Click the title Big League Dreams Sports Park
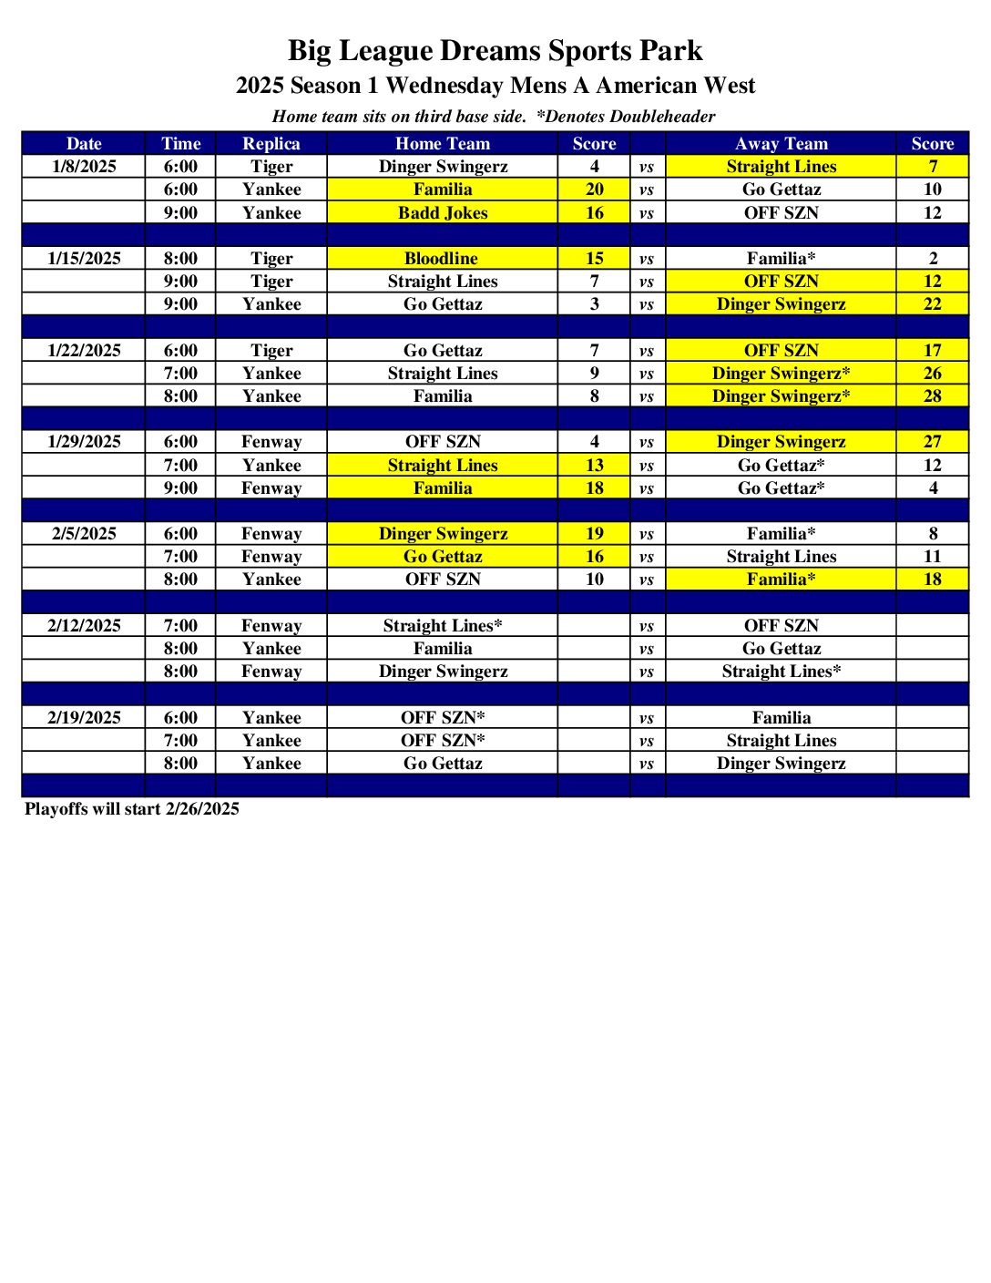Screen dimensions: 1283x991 pyautogui.click(x=495, y=50)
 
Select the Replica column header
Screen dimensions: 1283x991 pyautogui.click(x=271, y=143)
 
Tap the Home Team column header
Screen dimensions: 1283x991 pyautogui.click(x=442, y=143)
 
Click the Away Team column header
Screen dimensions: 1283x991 pyautogui.click(x=781, y=143)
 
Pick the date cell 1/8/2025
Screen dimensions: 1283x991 pyautogui.click(x=84, y=167)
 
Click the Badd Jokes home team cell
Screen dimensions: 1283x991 pyautogui.click(x=442, y=212)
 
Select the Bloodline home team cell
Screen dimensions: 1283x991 pyautogui.click(x=442, y=259)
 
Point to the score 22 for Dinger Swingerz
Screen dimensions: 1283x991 pyautogui.click(x=932, y=304)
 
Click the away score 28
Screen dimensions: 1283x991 pyautogui.click(x=932, y=396)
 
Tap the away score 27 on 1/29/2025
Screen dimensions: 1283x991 pyautogui.click(x=932, y=442)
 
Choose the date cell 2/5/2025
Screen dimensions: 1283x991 pyautogui.click(x=84, y=534)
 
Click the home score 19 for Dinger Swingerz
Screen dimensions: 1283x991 pyautogui.click(x=594, y=534)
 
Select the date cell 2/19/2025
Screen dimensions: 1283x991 pyautogui.click(x=84, y=718)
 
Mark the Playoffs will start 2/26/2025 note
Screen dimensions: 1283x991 pyautogui.click(x=132, y=809)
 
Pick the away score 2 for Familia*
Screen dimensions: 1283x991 pyautogui.click(x=932, y=259)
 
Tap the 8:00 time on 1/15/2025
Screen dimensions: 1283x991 pyautogui.click(x=180, y=259)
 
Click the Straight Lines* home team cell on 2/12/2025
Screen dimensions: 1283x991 pyautogui.click(x=442, y=626)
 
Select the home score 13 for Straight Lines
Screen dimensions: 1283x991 pyautogui.click(x=594, y=466)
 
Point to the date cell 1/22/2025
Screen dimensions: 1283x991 pyautogui.click(x=84, y=351)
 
